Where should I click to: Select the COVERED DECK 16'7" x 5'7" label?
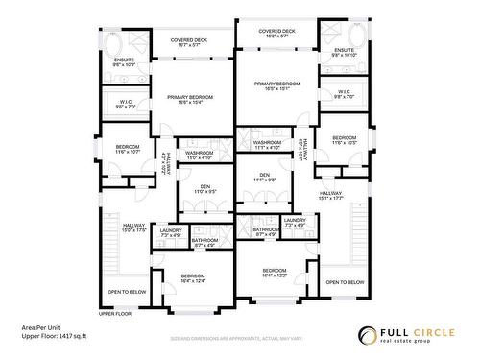coord(185,42)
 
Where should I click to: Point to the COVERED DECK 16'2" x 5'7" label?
coord(276,32)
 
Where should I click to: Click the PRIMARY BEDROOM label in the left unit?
coord(189,99)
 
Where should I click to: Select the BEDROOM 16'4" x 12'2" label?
coord(274,273)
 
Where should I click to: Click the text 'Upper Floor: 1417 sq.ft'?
coord(54,336)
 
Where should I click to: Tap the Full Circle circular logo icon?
coord(368,335)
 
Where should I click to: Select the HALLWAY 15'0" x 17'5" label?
coord(120,228)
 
